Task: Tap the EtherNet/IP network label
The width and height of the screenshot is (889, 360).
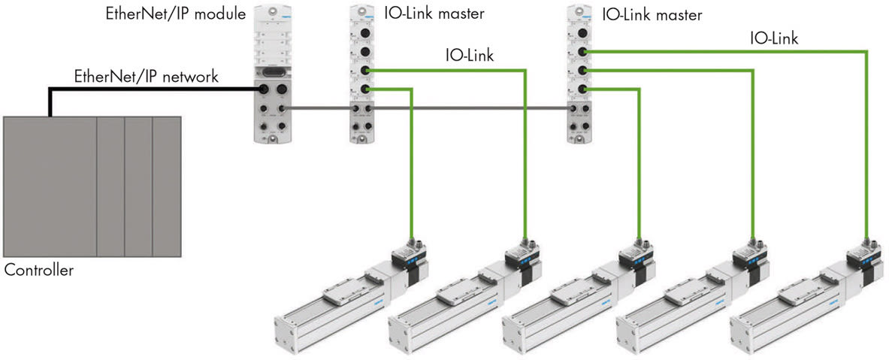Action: [146, 76]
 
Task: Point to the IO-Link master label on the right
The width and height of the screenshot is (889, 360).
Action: [653, 14]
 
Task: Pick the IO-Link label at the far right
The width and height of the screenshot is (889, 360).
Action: [773, 38]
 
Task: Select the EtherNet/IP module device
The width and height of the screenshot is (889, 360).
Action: [272, 73]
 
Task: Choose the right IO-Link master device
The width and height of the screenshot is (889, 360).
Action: [580, 73]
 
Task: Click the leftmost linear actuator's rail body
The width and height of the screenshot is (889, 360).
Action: [316, 308]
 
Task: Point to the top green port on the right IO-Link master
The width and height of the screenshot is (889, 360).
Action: [582, 51]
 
